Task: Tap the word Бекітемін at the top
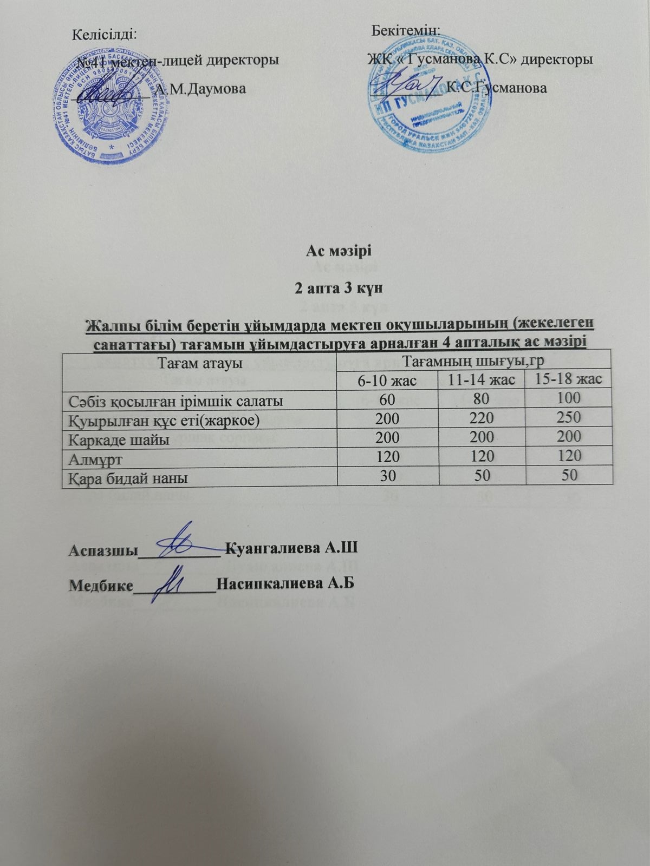(406, 29)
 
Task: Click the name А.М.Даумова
(200, 88)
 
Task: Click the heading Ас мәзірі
(339, 251)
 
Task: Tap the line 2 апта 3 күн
(339, 287)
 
